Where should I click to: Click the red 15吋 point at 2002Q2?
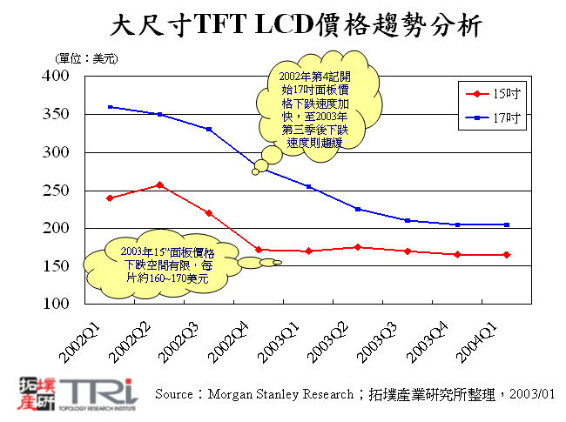click(x=159, y=184)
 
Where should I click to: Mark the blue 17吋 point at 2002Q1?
click(x=110, y=107)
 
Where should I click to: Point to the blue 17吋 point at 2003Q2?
click(x=358, y=209)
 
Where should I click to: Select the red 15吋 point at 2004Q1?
click(x=508, y=255)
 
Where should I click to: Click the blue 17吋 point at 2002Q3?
click(x=209, y=129)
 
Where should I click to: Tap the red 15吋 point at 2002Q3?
click(x=209, y=212)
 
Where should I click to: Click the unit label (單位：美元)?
click(x=87, y=58)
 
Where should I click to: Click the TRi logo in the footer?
click(x=78, y=394)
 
